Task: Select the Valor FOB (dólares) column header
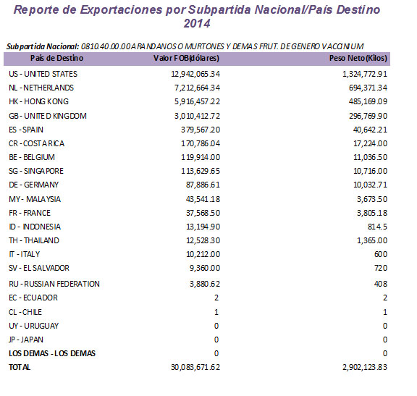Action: click(x=187, y=57)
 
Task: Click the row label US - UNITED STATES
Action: click(x=43, y=74)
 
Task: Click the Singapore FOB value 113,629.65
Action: click(x=198, y=171)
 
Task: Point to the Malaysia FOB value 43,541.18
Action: click(x=201, y=199)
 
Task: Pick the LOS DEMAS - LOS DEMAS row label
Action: click(x=51, y=353)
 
